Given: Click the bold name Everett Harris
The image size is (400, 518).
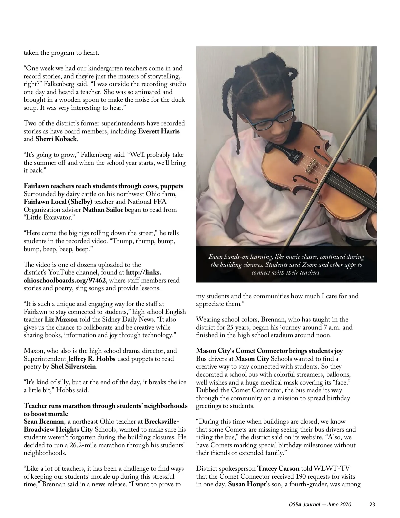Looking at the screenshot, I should coord(159,131).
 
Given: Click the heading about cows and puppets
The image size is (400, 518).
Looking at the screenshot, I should coord(103,186).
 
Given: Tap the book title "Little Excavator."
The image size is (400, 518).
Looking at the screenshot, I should coord(48,217).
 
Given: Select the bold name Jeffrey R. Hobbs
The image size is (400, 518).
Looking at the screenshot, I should coord(92,359).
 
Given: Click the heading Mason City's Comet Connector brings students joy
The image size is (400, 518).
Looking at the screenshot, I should coord(269,351).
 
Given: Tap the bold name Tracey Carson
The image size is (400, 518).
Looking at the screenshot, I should coord(278,468).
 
